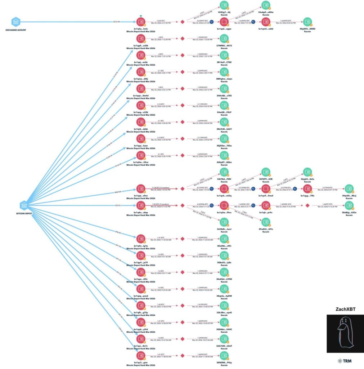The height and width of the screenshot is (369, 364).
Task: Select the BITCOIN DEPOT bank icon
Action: pos(24,205)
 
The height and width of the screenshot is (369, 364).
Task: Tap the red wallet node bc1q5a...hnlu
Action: pos(141,22)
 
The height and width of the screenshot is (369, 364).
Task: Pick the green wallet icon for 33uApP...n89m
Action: pos(266,6)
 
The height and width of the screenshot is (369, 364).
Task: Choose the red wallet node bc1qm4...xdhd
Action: pos(266,22)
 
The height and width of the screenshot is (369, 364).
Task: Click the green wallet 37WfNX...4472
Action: pos(224,39)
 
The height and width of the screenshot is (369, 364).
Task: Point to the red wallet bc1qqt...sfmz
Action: pos(141,189)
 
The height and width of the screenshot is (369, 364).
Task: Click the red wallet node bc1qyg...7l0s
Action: pos(307,189)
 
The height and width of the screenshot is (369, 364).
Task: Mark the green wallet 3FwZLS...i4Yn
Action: pos(266,222)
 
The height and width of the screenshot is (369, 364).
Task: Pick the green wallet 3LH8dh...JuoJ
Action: pos(224,222)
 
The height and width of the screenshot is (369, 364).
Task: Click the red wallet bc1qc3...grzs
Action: pos(141,355)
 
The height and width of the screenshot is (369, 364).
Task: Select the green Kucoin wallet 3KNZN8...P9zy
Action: pos(224,355)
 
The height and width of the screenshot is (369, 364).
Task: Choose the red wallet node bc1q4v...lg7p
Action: pos(141,239)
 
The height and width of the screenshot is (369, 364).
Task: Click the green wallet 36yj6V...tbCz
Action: pos(307,172)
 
